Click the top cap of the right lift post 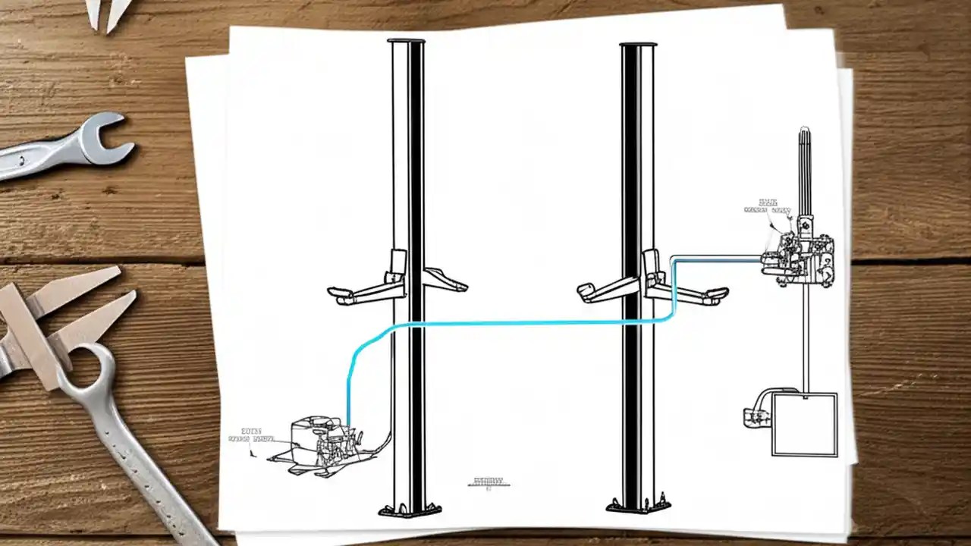[x=637, y=45]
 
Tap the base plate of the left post [x=410, y=509]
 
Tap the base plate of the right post [x=639, y=505]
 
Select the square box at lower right [x=804, y=424]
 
